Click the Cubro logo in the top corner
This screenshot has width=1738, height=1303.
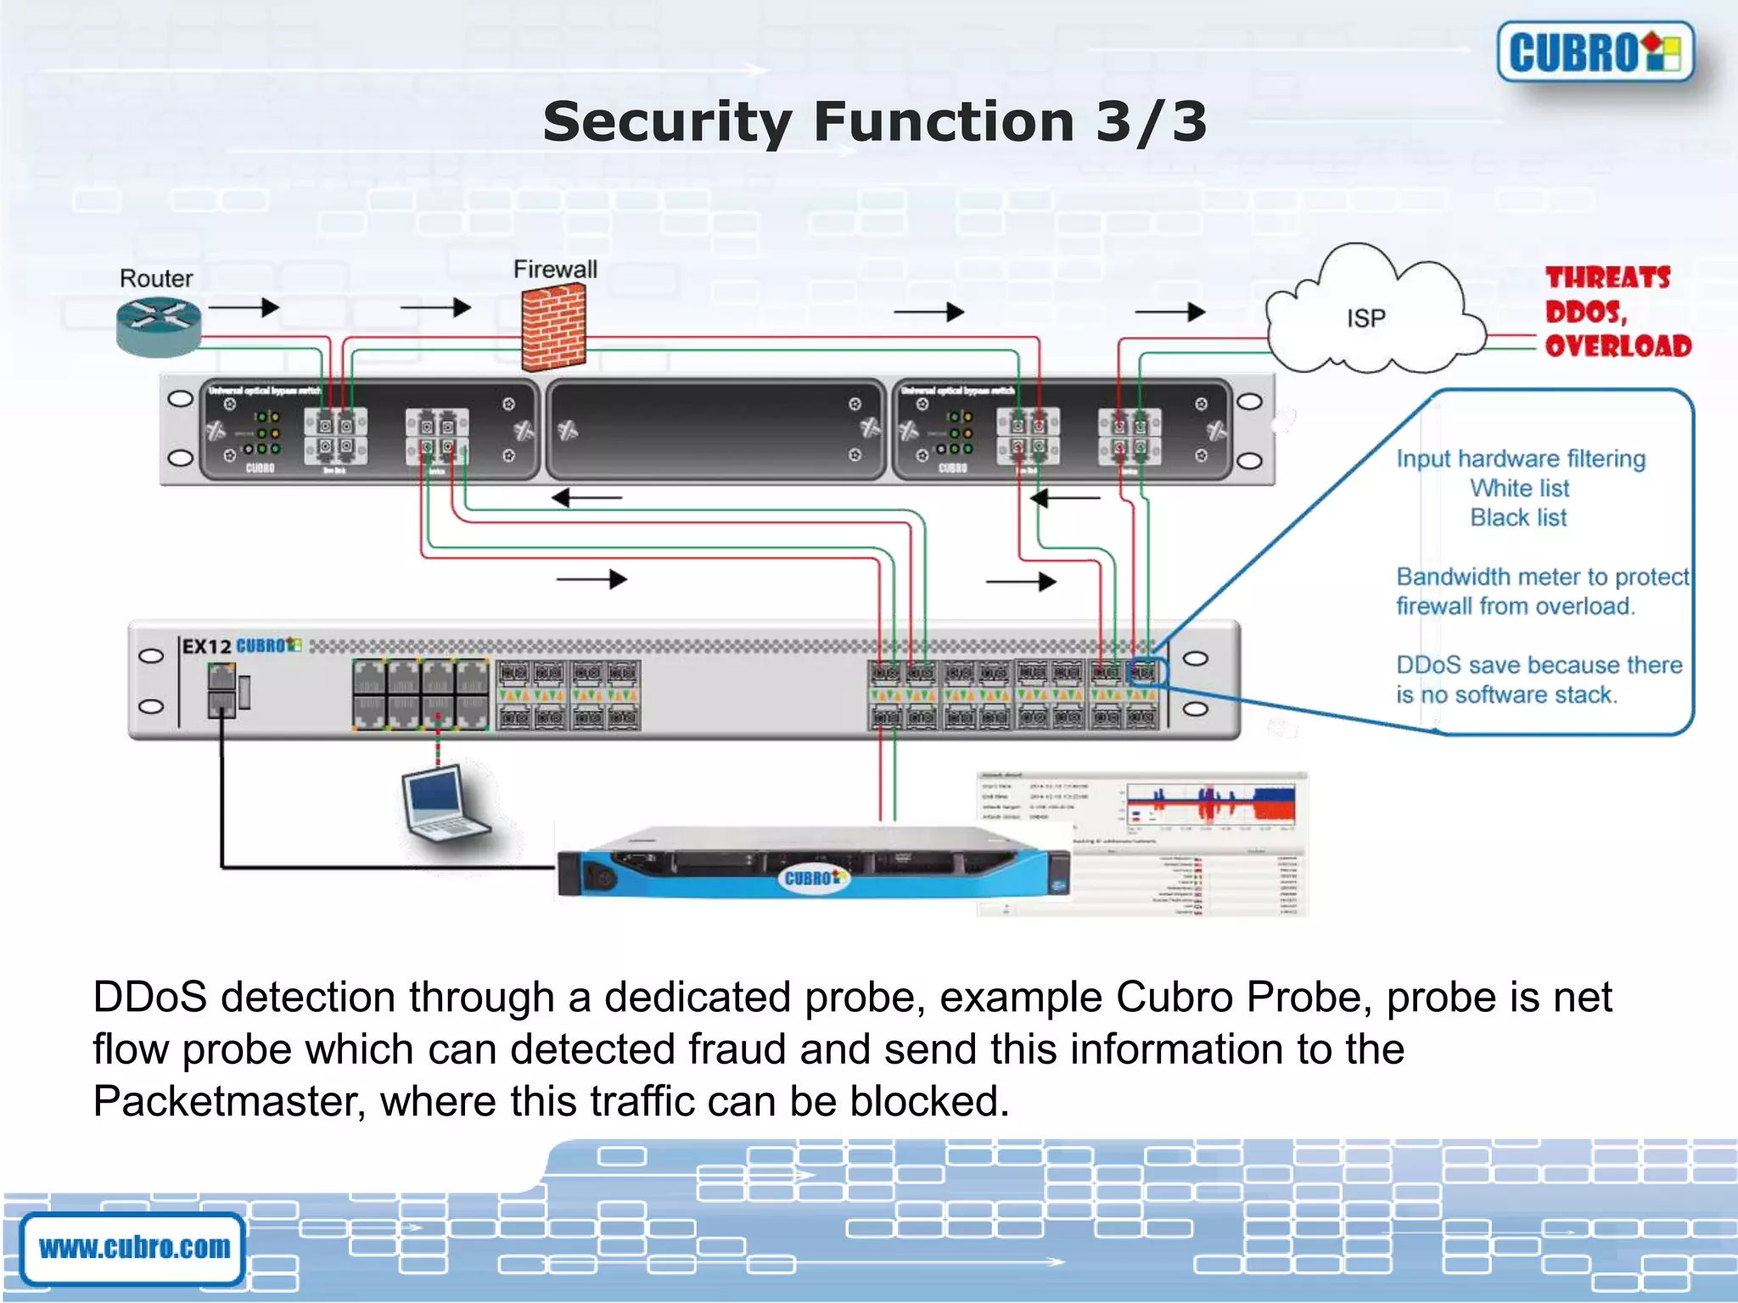click(1595, 52)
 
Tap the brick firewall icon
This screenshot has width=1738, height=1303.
click(553, 327)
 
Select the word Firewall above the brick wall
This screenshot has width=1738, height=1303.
click(555, 270)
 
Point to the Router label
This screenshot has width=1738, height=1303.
click(156, 278)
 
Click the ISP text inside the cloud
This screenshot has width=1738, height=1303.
click(1365, 318)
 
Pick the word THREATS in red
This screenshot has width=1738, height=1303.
click(1607, 277)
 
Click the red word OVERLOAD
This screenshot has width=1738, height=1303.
click(1617, 346)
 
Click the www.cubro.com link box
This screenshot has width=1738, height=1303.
click(134, 1248)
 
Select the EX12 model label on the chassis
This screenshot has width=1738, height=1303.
click(206, 646)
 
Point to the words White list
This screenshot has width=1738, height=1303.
click(1519, 488)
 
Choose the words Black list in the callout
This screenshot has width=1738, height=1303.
click(1518, 517)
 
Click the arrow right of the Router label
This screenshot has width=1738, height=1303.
click(244, 307)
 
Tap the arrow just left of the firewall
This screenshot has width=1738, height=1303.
click(435, 307)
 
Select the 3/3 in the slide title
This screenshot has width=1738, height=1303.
click(1151, 121)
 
